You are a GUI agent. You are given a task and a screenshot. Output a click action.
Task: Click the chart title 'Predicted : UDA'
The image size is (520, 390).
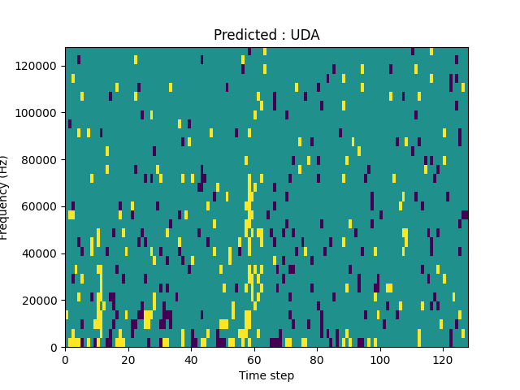click(266, 35)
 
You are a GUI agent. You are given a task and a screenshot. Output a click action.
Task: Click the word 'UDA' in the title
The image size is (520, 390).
click(305, 35)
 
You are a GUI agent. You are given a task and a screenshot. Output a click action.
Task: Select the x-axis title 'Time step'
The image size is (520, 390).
click(266, 375)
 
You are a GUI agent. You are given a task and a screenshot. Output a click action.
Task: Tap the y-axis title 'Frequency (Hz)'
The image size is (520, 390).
click(5, 197)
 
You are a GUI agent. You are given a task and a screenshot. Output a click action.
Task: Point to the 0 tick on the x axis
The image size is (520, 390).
click(65, 359)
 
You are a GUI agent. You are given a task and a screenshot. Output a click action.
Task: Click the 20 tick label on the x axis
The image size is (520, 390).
click(128, 359)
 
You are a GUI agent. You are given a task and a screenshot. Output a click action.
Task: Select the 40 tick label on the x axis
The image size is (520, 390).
click(191, 359)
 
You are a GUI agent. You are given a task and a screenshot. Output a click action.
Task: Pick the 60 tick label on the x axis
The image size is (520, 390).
click(253, 359)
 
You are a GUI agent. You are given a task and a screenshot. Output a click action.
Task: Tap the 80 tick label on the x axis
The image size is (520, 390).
click(317, 359)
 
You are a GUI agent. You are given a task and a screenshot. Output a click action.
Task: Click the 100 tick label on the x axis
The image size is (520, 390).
click(379, 359)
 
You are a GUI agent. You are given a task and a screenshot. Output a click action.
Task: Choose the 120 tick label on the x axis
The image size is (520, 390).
click(443, 359)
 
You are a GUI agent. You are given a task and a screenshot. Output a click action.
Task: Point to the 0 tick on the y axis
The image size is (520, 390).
click(54, 348)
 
